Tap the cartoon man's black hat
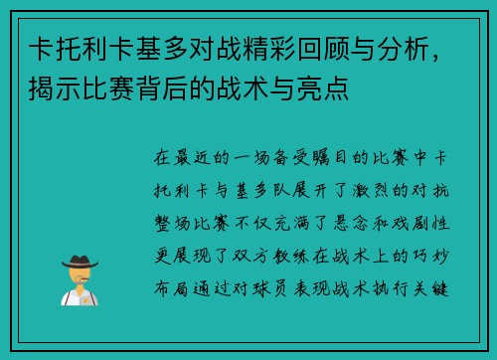tap(82, 261)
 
